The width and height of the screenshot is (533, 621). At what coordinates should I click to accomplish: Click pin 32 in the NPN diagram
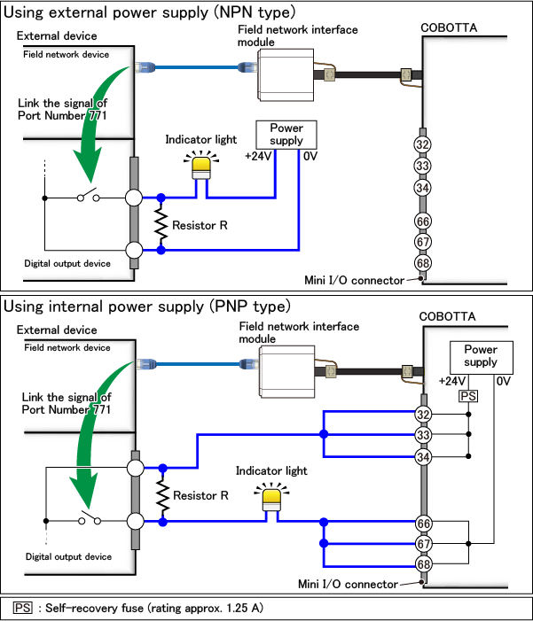point(423,144)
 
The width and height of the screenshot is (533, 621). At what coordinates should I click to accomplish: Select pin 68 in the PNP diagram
point(423,563)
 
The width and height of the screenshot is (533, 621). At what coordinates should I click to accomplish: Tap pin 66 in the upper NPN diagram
point(423,221)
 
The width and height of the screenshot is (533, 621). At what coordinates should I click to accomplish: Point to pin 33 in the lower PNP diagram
point(423,434)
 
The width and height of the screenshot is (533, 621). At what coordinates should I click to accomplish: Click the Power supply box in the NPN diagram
point(286,135)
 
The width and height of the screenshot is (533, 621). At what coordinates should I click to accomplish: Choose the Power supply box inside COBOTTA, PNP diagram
point(481,356)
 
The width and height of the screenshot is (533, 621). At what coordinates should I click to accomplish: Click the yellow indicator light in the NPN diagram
point(203,166)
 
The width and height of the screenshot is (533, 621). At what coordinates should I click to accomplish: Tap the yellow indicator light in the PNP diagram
point(270,499)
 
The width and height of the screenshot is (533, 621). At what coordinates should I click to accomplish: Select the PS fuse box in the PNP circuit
point(467,395)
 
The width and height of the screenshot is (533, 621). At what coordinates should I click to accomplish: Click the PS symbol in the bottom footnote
point(23,608)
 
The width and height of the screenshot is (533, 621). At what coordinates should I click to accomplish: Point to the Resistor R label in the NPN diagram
point(200,226)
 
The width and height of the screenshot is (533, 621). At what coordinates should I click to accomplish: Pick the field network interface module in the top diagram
point(286,73)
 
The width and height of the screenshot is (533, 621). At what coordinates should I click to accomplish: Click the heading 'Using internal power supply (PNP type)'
point(147,307)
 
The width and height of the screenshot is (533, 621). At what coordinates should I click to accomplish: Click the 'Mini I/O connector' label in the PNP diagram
point(349,583)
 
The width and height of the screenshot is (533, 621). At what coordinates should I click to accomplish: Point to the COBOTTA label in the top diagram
point(449,28)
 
